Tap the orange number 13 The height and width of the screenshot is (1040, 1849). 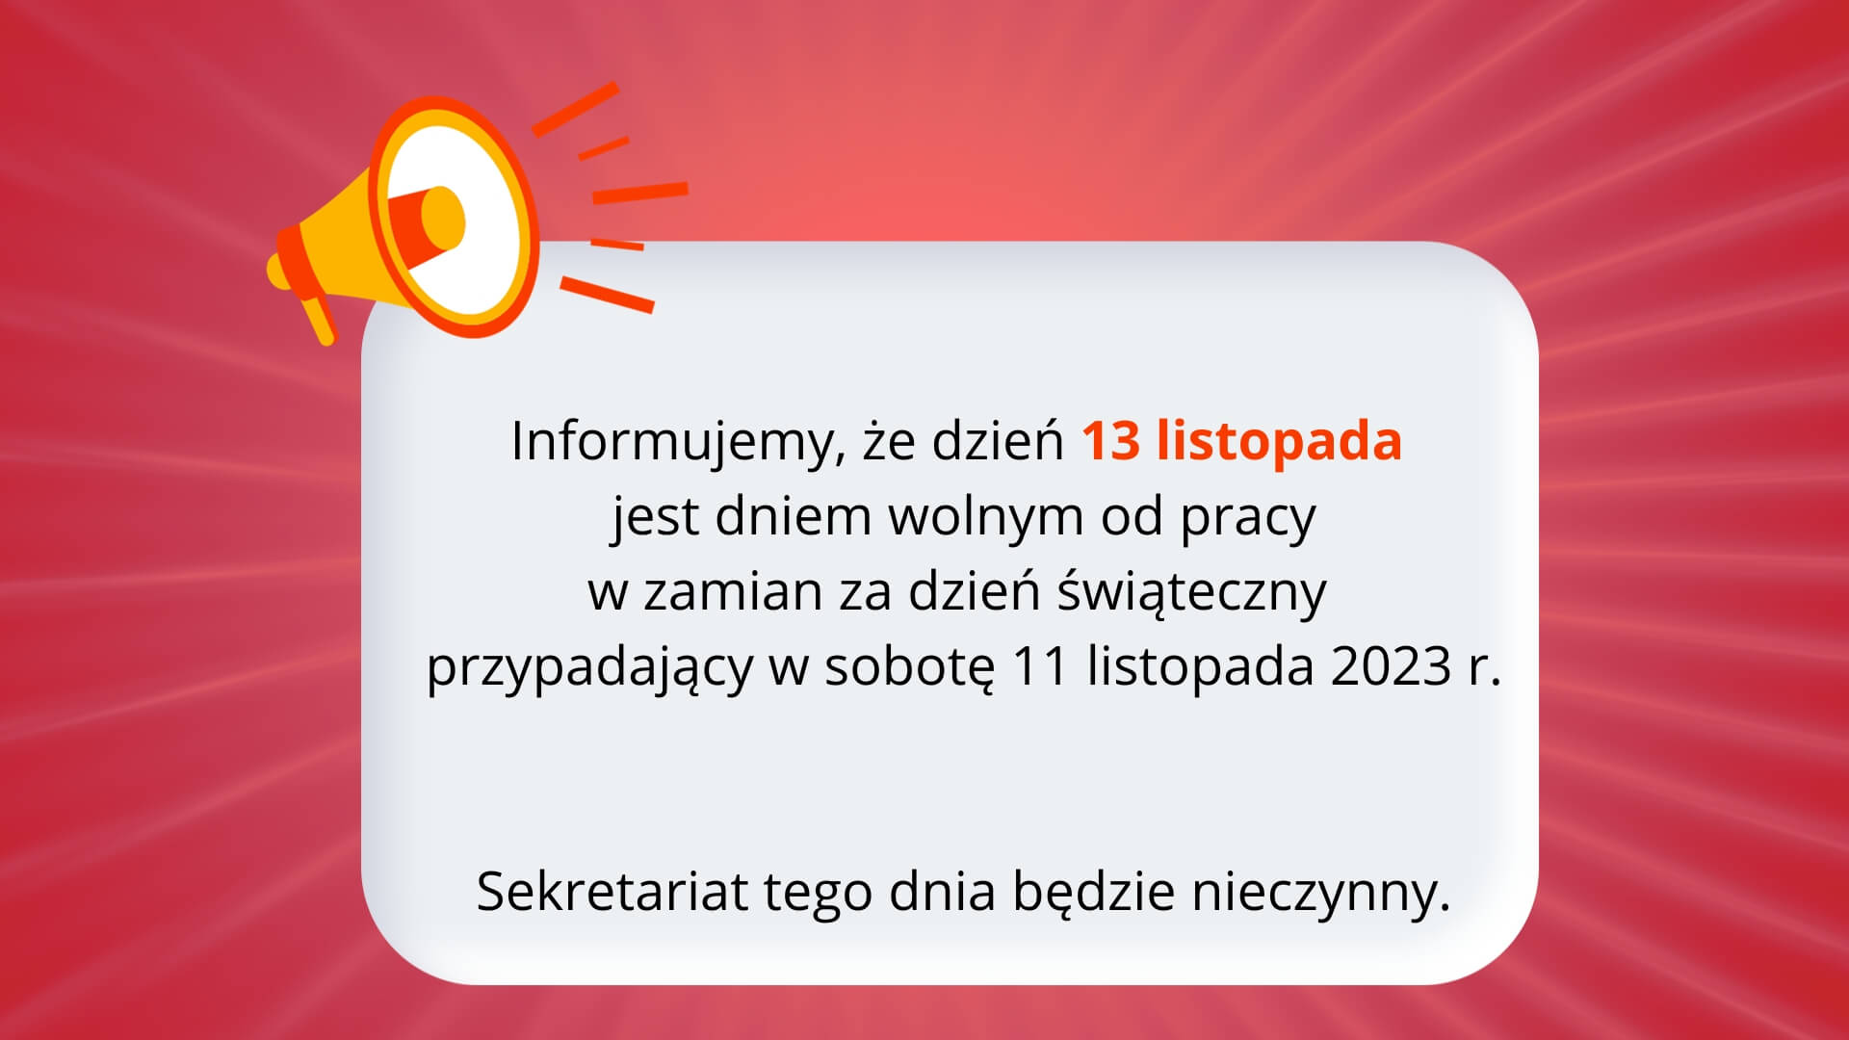[x=1110, y=440]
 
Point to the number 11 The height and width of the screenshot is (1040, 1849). [x=1040, y=666]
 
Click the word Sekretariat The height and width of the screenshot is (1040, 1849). [x=612, y=891]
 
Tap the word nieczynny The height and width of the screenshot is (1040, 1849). [x=1319, y=893]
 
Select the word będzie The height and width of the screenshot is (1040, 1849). [x=1093, y=893]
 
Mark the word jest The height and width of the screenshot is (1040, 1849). [x=655, y=518]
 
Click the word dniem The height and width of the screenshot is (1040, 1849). [x=792, y=517]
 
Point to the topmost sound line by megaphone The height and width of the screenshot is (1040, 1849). [x=575, y=108]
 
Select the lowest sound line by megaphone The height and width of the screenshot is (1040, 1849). [x=607, y=295]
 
